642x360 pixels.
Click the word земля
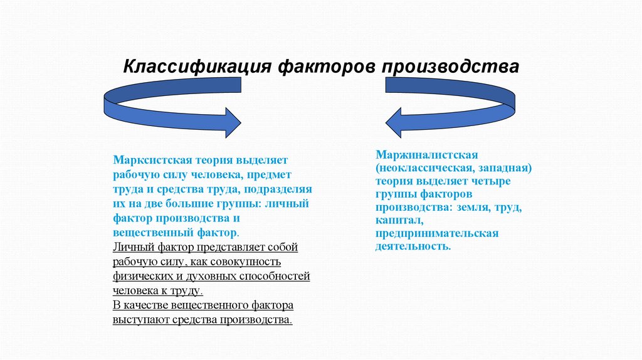474,207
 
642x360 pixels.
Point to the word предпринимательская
437,233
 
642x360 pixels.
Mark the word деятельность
413,246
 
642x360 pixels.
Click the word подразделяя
280,189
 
